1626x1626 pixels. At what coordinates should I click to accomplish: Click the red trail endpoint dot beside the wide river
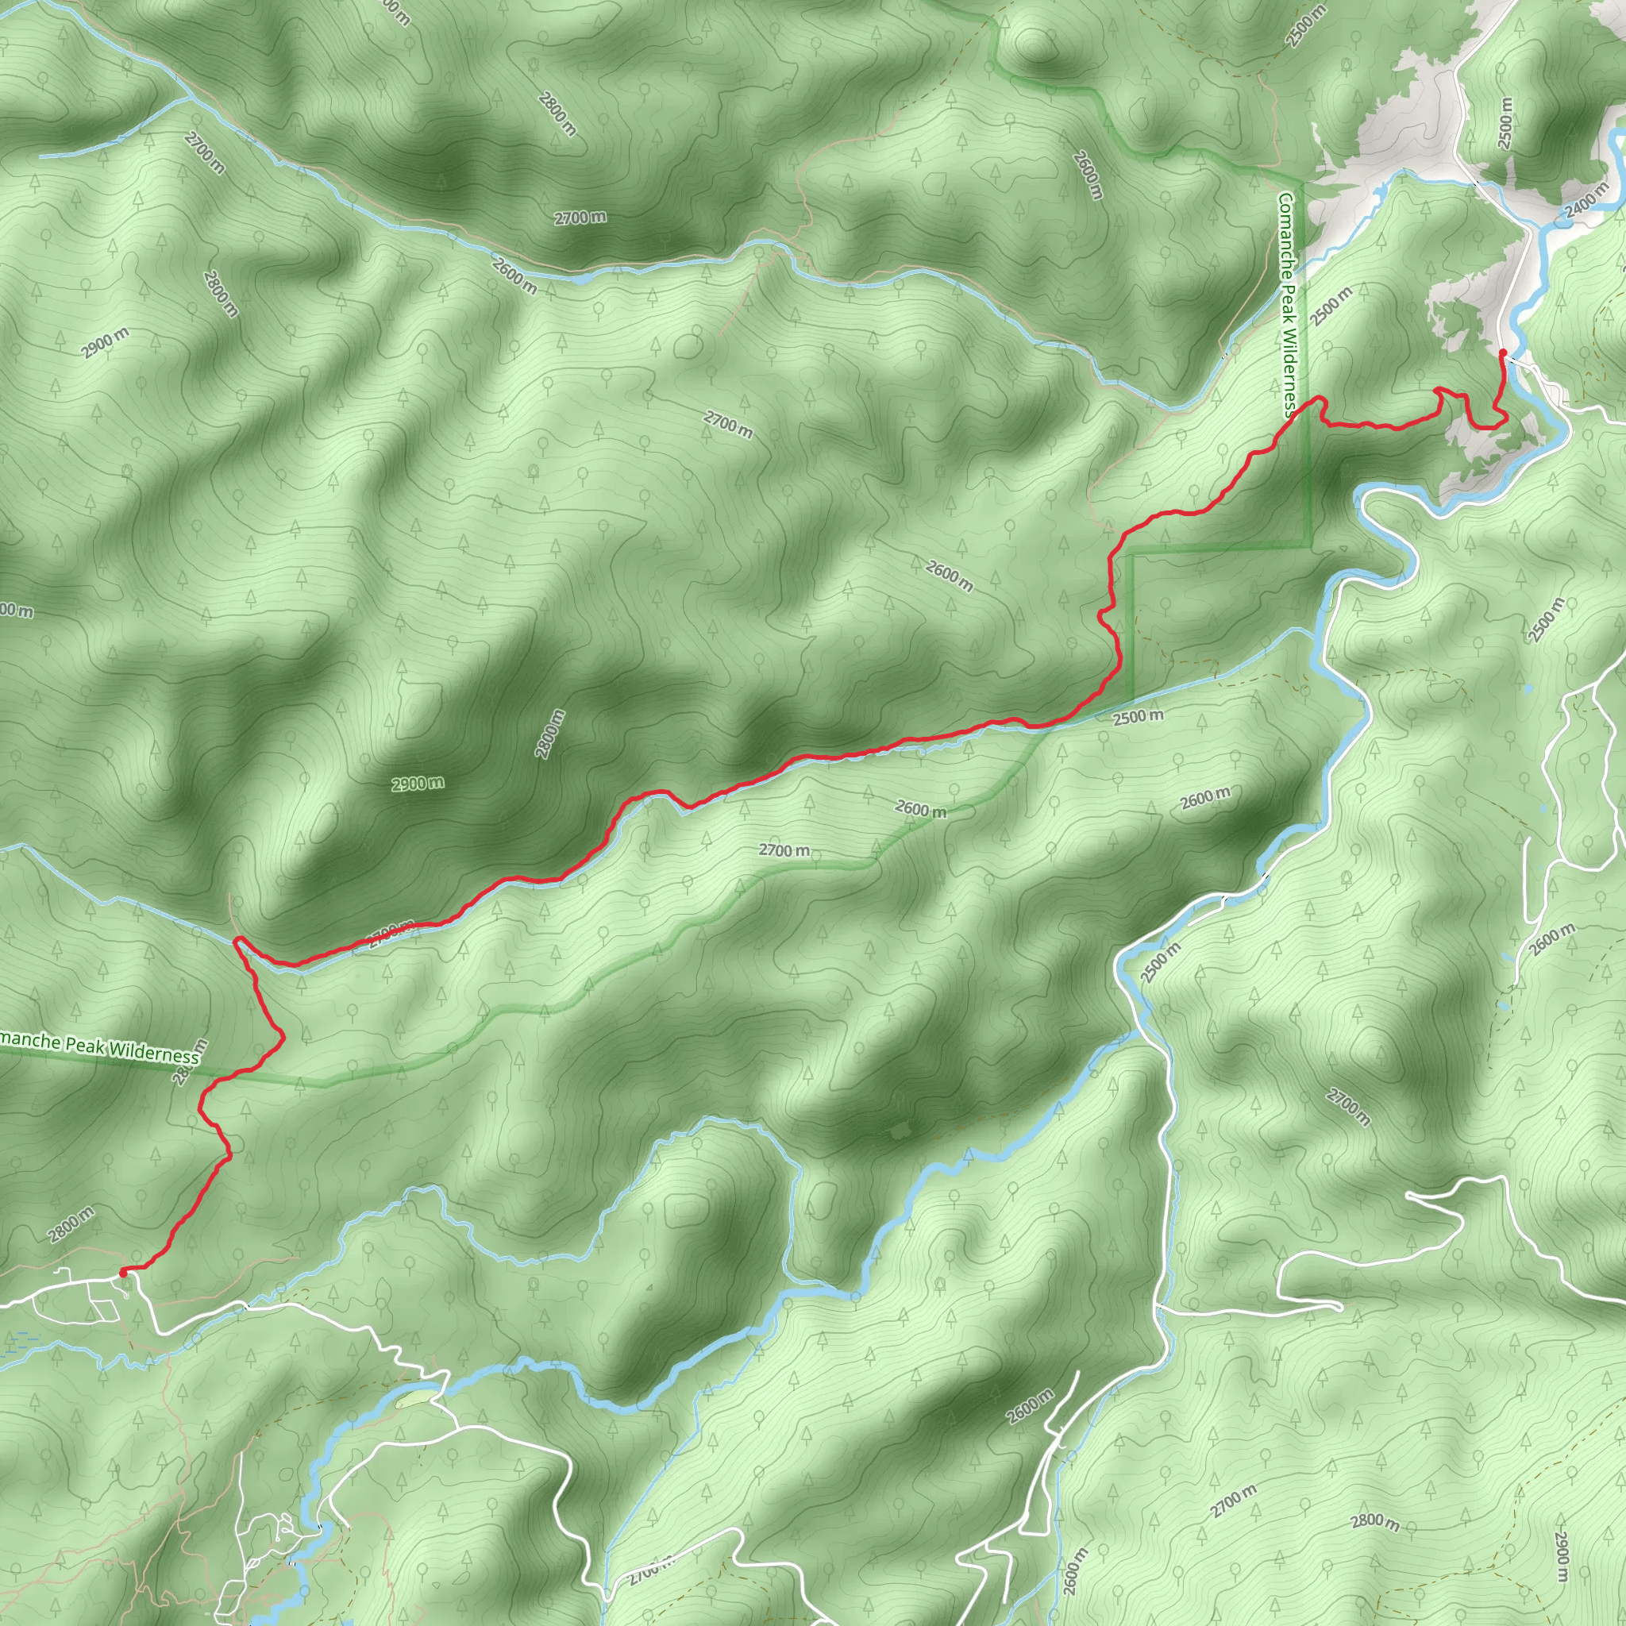pyautogui.click(x=1502, y=352)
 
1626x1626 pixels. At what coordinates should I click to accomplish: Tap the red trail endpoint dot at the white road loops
pyautogui.click(x=123, y=1273)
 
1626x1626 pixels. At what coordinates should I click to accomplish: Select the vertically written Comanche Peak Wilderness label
pyautogui.click(x=1287, y=305)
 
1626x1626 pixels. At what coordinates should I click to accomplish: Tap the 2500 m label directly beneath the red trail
pyautogui.click(x=1139, y=717)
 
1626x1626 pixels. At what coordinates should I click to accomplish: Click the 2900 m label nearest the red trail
pyautogui.click(x=418, y=784)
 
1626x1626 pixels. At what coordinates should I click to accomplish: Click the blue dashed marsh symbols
pyautogui.click(x=18, y=1340)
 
